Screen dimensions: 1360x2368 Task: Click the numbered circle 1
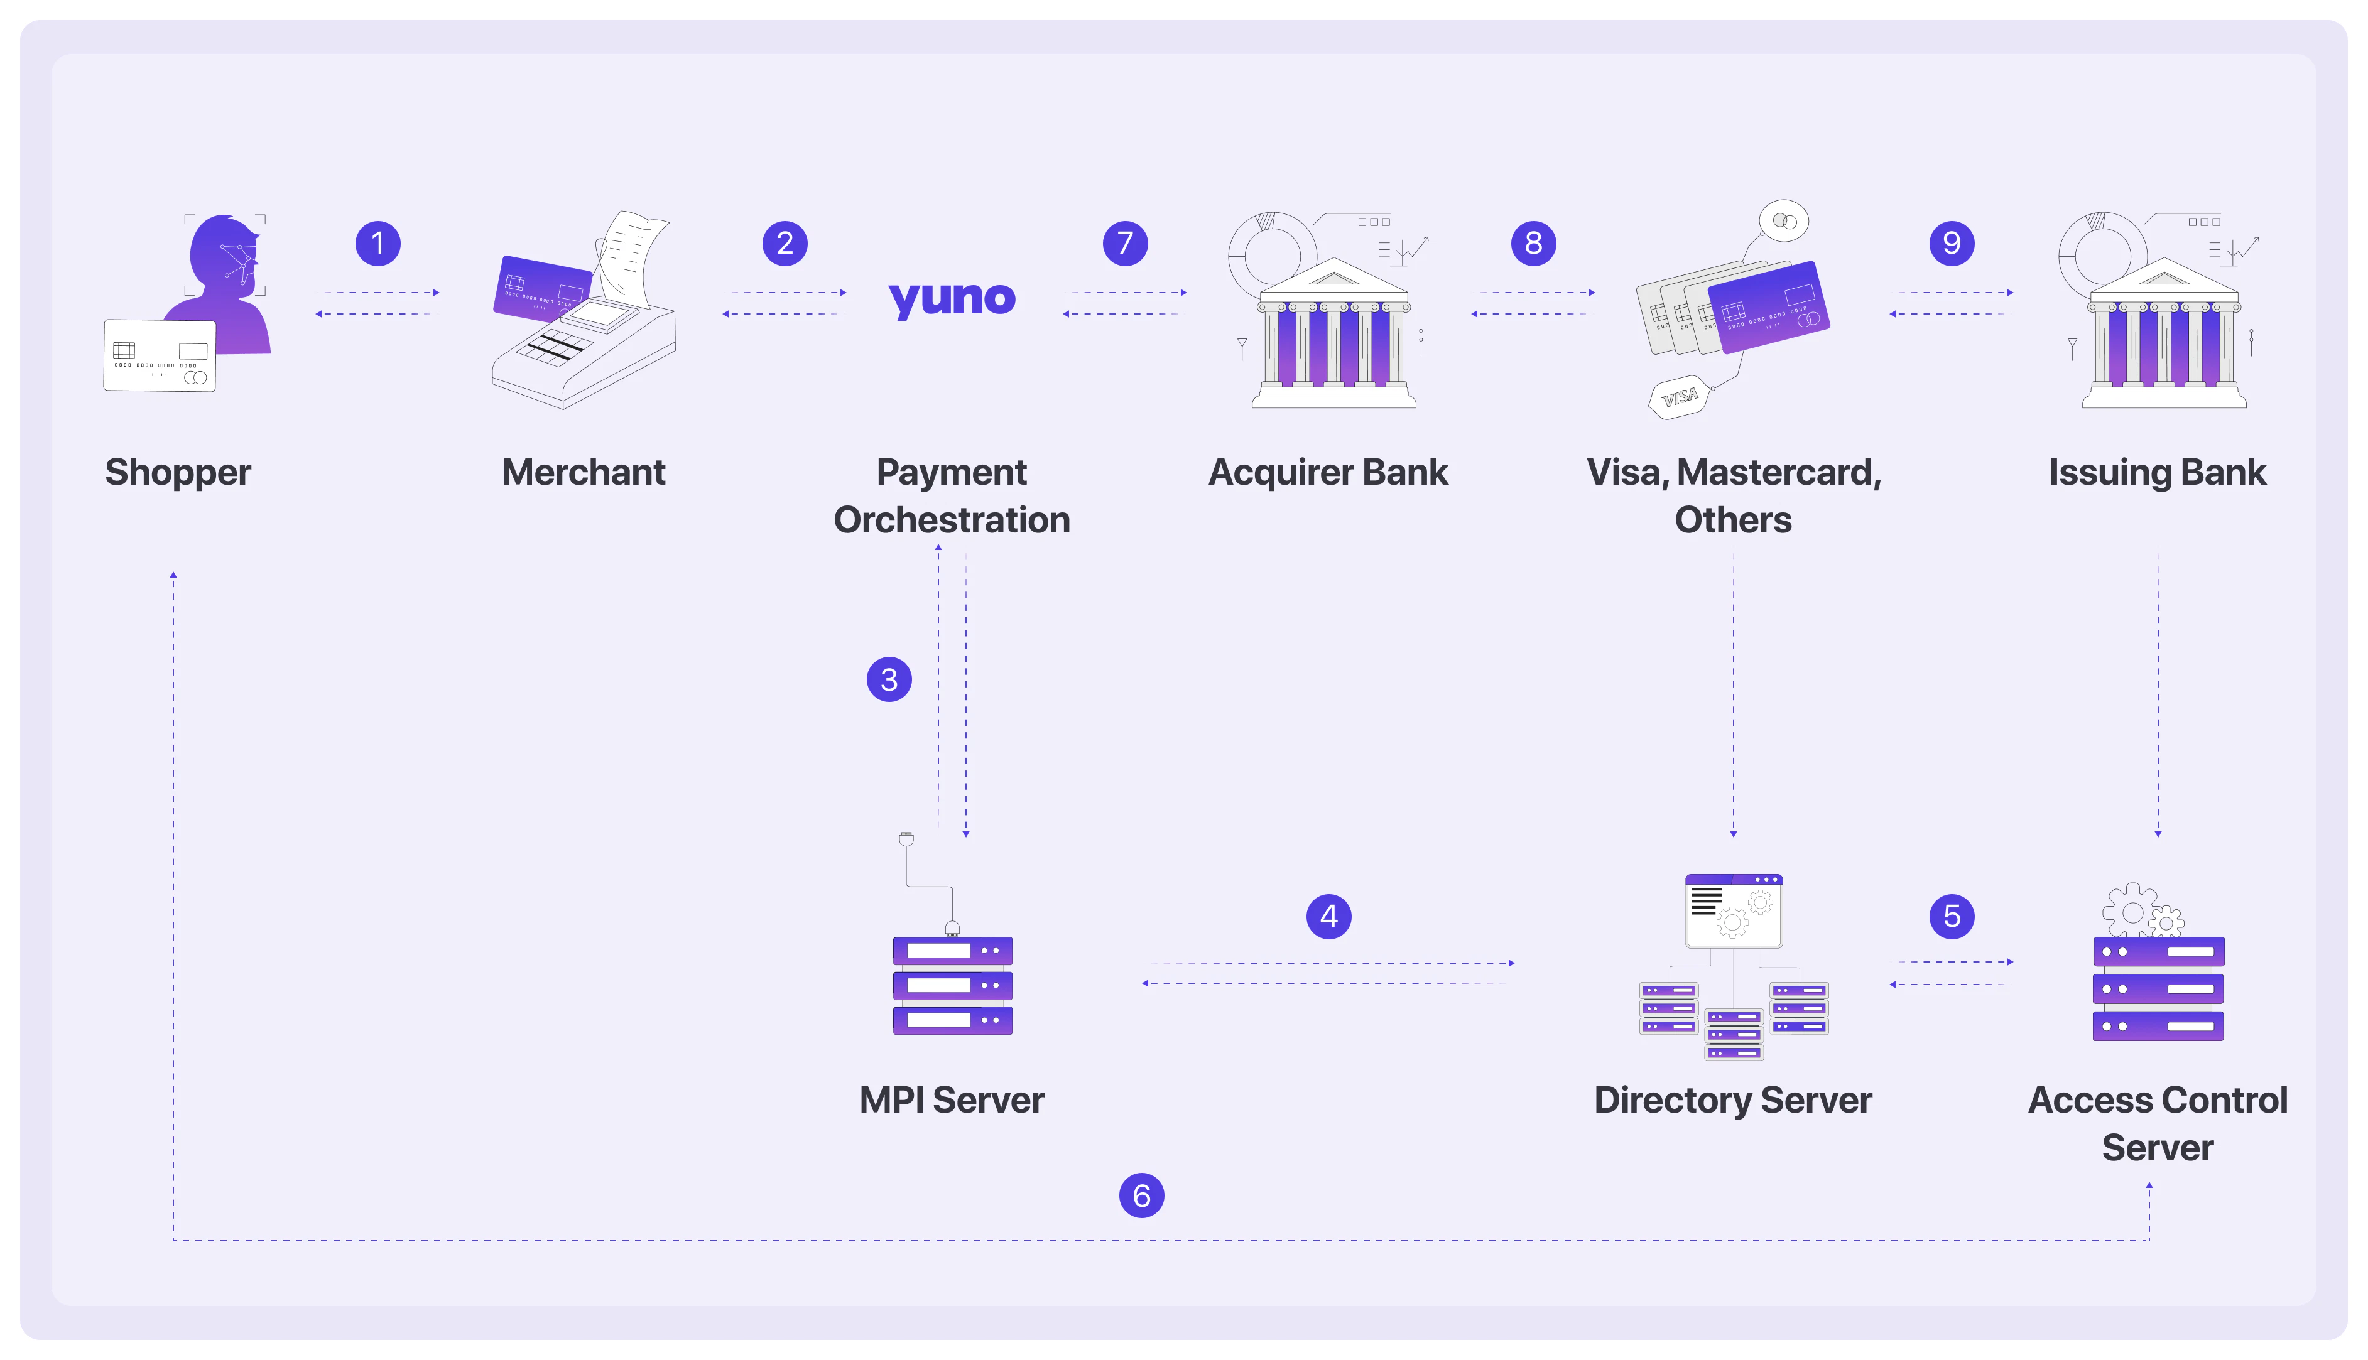(x=377, y=244)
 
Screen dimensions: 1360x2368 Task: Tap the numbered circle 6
(x=1141, y=1195)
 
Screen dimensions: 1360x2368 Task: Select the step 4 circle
(x=1328, y=915)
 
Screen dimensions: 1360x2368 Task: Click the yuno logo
(x=951, y=299)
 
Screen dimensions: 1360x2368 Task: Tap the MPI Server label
(x=951, y=1099)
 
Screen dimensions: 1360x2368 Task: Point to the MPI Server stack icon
(x=952, y=985)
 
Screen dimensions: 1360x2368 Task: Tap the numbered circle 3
(x=888, y=679)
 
